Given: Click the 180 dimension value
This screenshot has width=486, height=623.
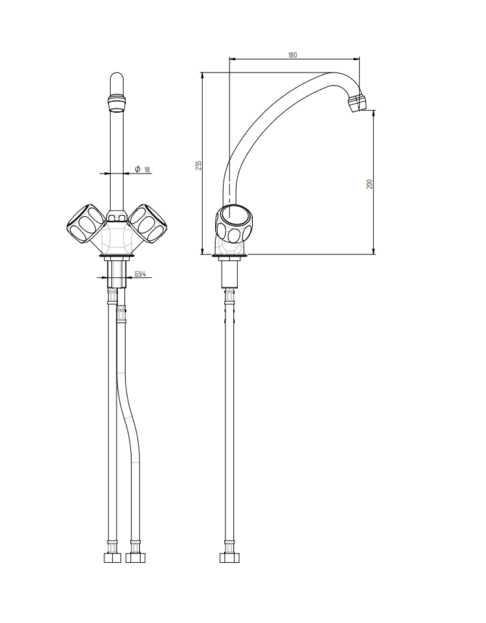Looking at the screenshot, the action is coord(292,55).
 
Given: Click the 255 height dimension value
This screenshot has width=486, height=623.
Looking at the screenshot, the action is coord(199,165).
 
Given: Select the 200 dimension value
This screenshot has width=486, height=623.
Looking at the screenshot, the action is coord(370,184).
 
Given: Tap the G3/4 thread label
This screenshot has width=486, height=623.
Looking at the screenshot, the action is coord(141,274).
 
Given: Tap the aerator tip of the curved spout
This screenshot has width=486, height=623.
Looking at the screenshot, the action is coord(357,104).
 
